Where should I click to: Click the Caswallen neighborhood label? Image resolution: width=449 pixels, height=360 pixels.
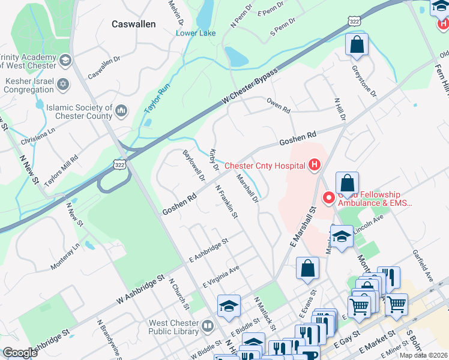tap(134, 24)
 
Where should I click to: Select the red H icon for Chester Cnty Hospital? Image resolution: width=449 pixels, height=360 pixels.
tap(313, 165)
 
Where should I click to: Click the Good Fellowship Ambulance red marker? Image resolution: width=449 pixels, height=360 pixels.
tap(329, 197)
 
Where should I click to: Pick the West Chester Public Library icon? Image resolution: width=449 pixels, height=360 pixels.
tap(207, 326)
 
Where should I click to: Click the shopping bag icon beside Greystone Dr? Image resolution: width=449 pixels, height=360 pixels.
tap(357, 44)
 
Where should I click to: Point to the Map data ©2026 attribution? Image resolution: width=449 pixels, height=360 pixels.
tap(423, 355)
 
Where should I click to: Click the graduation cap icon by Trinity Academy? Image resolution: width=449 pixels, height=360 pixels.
tap(64, 60)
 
